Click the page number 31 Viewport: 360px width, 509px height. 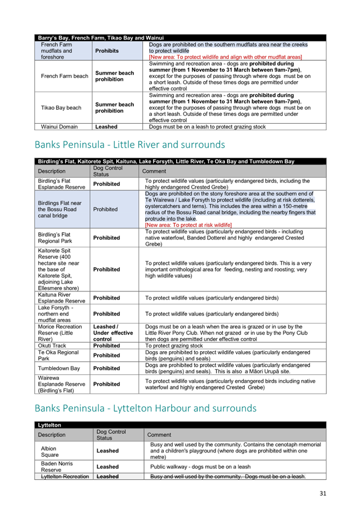click(322, 493)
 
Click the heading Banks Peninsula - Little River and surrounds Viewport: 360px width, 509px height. click(130, 144)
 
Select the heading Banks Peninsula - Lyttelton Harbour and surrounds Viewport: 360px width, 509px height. click(145, 408)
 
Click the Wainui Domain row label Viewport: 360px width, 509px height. click(59, 127)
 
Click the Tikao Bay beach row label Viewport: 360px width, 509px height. click(61, 108)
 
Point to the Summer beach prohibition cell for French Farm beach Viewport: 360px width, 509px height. click(114, 76)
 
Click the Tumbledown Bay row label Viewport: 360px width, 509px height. click(59, 368)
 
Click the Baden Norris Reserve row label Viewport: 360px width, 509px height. click(56, 467)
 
